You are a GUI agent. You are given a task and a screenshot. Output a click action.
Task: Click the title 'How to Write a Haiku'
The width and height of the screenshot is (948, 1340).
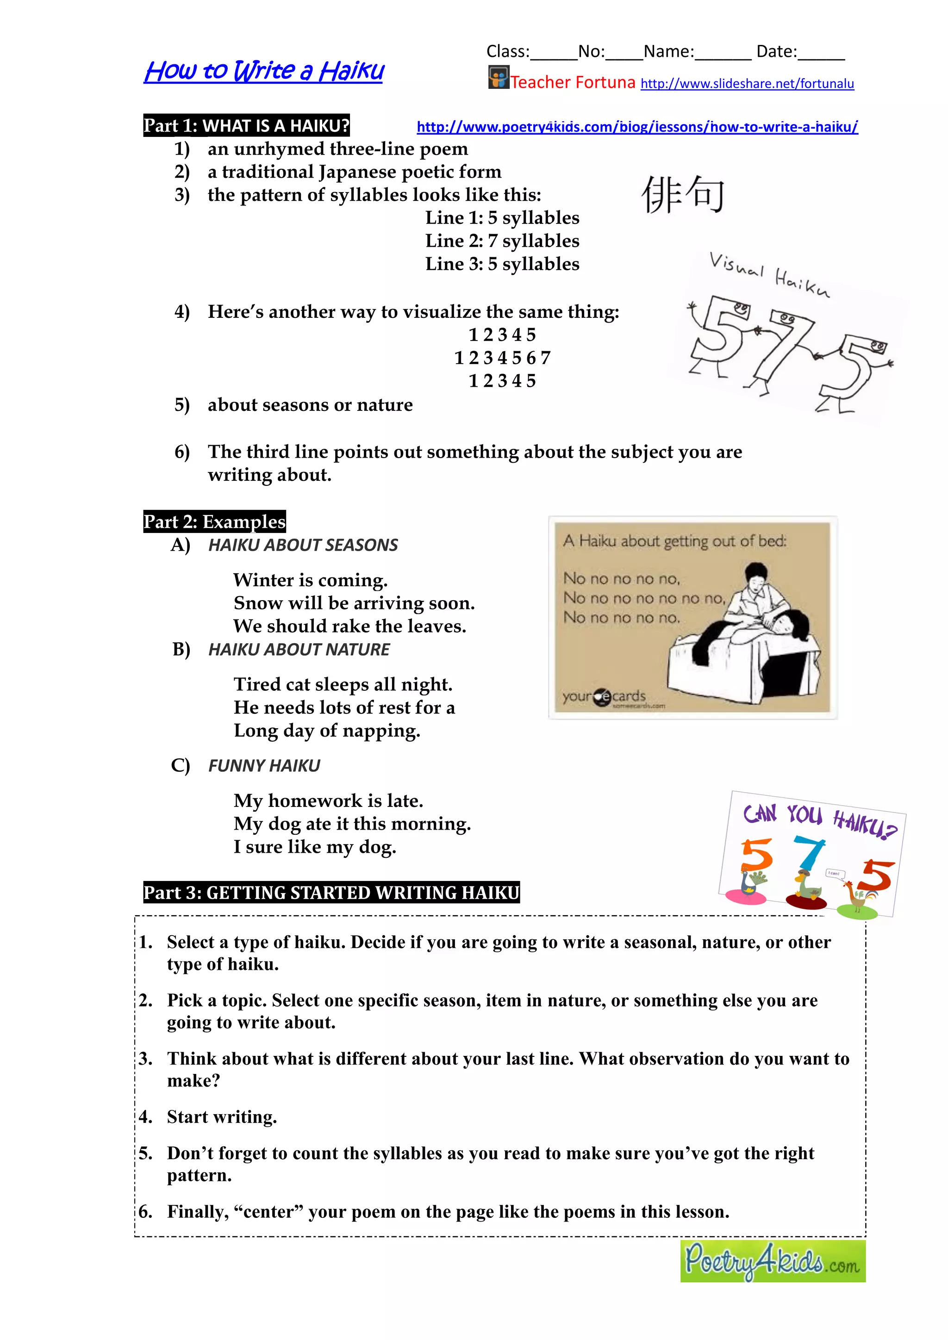click(264, 71)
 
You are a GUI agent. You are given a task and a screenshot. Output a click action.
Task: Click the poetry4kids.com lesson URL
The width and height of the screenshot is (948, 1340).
click(637, 127)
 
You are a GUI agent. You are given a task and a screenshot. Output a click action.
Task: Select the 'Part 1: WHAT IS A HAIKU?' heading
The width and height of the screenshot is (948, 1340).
click(246, 125)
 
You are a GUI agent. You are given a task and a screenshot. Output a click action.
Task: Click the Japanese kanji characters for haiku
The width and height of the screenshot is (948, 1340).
click(682, 194)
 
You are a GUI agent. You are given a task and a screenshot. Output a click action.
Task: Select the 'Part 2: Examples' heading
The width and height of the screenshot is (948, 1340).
click(214, 521)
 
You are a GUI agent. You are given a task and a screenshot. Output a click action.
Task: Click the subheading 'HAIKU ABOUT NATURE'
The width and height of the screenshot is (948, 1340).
click(299, 649)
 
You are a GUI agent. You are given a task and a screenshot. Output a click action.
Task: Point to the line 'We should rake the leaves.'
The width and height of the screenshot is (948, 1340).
click(349, 626)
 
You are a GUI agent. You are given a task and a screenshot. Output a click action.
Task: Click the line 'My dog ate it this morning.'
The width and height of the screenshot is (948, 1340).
click(351, 824)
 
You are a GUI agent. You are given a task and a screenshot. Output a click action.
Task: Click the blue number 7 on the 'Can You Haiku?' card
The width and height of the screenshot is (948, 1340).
click(809, 853)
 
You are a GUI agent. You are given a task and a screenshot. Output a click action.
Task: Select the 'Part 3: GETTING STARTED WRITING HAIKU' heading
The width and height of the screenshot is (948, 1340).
click(331, 893)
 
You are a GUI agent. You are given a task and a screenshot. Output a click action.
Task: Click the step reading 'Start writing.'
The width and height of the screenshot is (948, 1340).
click(222, 1117)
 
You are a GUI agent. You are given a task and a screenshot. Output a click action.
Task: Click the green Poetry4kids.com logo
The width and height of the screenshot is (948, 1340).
click(772, 1260)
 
